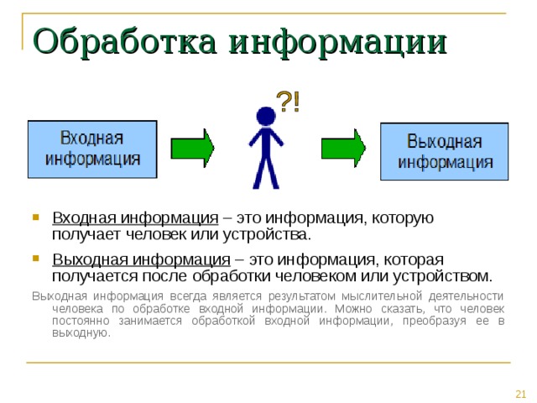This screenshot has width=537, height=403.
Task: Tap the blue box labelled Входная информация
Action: coord(92,149)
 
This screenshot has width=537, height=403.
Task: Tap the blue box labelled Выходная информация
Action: coord(445,152)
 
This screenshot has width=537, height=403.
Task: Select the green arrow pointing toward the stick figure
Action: coord(193,149)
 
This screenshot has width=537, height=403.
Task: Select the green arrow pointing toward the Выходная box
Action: coord(343,149)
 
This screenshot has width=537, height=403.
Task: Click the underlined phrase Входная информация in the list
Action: coord(135,217)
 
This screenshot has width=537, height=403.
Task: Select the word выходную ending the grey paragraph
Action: coord(80,332)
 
